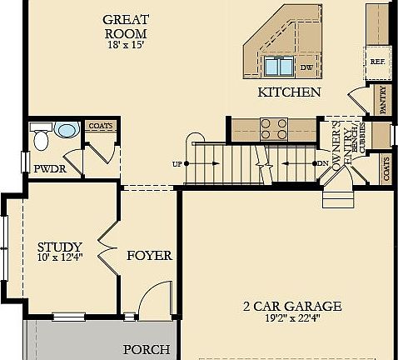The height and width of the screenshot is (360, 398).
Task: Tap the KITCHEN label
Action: point(289,92)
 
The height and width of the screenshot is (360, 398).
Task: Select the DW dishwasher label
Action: point(306,67)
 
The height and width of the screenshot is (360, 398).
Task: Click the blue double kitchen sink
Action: point(278,67)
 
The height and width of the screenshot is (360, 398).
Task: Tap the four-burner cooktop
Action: point(274,128)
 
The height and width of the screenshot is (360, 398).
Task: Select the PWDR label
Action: point(49,169)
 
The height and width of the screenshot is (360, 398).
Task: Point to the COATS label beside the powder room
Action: point(101,126)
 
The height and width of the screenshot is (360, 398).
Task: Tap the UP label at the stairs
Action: point(177,163)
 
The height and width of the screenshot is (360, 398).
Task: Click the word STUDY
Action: point(60,247)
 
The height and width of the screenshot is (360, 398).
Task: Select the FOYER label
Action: point(149,255)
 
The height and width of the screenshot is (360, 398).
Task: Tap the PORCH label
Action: point(147,350)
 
